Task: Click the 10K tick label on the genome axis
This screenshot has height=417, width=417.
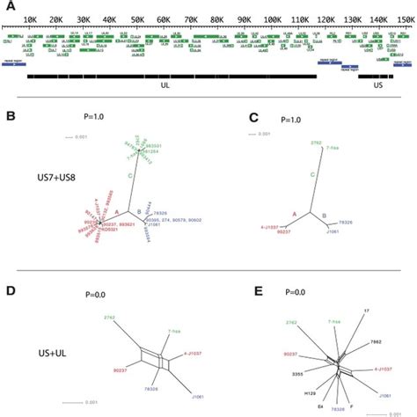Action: tap(30, 18)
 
